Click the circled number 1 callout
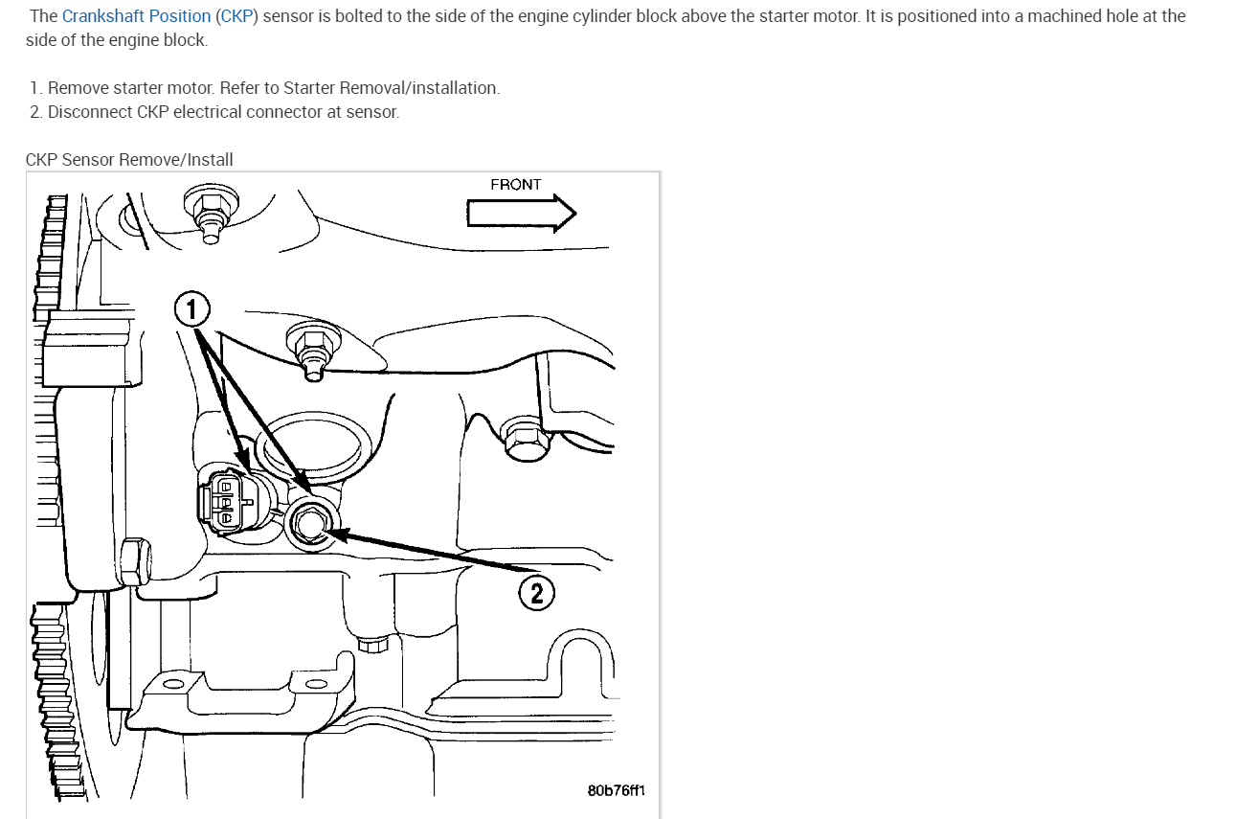click(191, 309)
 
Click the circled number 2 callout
click(536, 594)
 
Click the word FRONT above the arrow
click(515, 184)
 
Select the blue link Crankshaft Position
click(136, 16)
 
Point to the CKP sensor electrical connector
click(226, 501)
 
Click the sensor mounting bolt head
click(311, 523)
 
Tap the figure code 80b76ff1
click(617, 791)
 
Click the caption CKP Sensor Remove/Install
click(129, 160)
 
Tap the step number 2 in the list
click(35, 112)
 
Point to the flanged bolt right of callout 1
click(311, 349)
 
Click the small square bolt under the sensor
click(370, 645)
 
